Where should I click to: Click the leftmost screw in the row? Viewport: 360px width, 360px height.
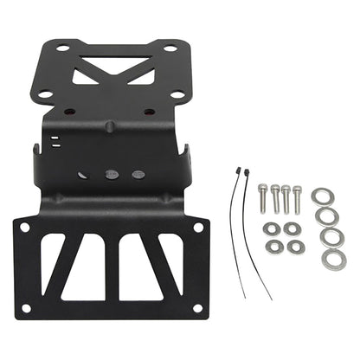[x=263, y=197]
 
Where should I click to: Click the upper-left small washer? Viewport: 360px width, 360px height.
[x=272, y=228]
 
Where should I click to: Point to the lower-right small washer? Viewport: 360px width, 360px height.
[x=297, y=247]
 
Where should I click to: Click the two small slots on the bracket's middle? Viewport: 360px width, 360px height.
[x=54, y=141]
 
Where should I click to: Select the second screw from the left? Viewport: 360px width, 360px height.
[x=274, y=197]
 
